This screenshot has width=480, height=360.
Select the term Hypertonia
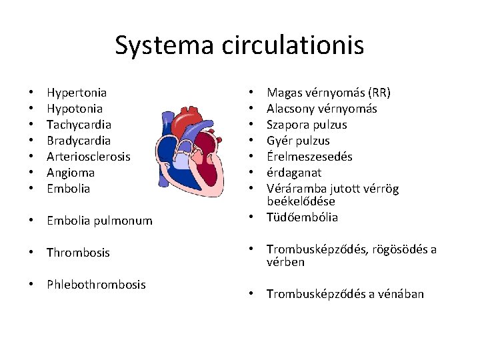point(77,93)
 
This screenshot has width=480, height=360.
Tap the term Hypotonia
point(75,109)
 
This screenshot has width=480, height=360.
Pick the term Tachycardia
point(79,125)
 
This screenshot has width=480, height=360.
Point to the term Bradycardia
point(79,141)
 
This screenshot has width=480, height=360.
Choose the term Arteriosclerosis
point(89,157)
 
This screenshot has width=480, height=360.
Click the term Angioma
point(71,173)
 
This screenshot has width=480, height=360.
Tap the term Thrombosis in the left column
point(78,253)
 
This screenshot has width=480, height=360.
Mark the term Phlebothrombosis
point(96,285)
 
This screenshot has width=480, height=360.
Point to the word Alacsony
point(291,109)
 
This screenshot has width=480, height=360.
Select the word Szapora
point(287,125)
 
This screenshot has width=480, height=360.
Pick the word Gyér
point(279,141)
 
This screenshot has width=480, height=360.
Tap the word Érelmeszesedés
point(309,157)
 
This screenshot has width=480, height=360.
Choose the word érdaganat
point(293,173)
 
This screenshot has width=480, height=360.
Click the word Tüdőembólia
point(302,217)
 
